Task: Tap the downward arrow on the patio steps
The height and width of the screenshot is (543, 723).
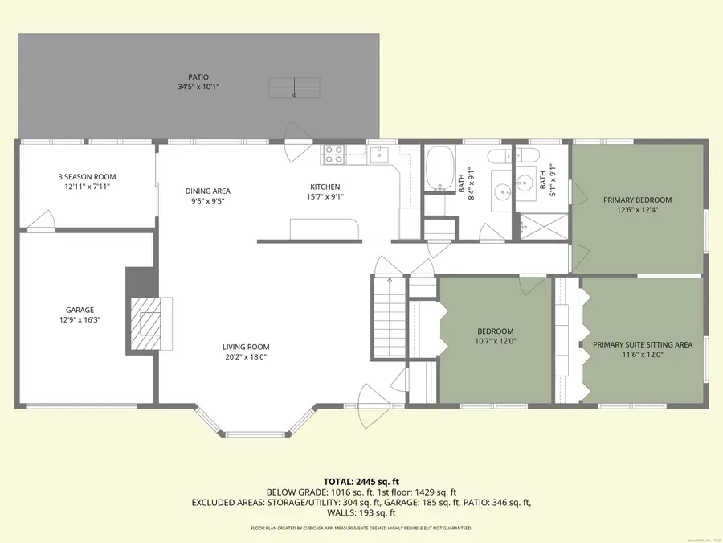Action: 294,87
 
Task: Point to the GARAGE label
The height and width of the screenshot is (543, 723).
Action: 80,310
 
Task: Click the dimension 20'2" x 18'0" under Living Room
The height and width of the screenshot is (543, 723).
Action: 245,357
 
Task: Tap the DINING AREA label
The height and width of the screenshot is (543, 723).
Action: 208,191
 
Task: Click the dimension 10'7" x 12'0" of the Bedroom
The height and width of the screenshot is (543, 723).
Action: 495,341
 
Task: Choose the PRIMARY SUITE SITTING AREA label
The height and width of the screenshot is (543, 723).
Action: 643,344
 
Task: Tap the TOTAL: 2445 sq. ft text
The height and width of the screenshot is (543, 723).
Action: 361,480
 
